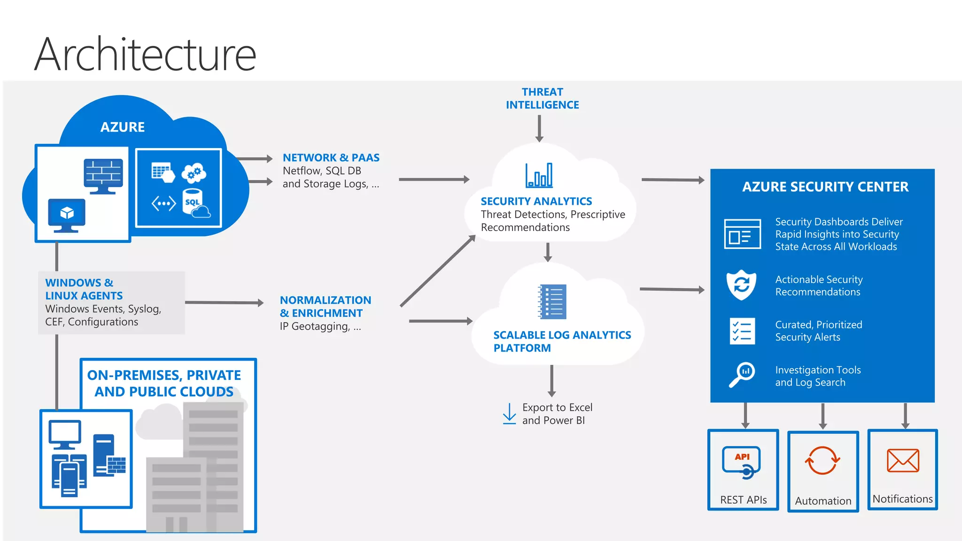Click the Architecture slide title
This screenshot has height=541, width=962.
pos(145,54)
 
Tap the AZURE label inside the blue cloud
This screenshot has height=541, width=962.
pos(123,127)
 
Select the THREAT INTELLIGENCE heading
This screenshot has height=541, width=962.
pos(542,99)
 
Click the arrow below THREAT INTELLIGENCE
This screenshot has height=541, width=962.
pos(539,128)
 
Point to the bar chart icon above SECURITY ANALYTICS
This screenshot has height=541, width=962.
pos(539,176)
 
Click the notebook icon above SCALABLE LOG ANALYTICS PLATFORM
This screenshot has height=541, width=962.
pos(552,302)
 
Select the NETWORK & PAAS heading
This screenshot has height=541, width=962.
pos(331,158)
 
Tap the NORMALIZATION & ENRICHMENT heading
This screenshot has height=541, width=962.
pos(325,307)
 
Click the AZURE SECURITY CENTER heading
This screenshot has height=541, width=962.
pos(825,187)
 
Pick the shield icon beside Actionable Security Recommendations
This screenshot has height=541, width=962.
pos(741,285)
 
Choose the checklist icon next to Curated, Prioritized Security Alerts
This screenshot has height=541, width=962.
pos(742,331)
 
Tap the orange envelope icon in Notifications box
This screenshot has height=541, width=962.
pos(903,461)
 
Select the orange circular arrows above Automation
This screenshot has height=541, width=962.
pos(822,461)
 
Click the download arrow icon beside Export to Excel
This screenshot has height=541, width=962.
pos(509,414)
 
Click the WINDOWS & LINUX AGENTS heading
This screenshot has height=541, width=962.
pos(84,289)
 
